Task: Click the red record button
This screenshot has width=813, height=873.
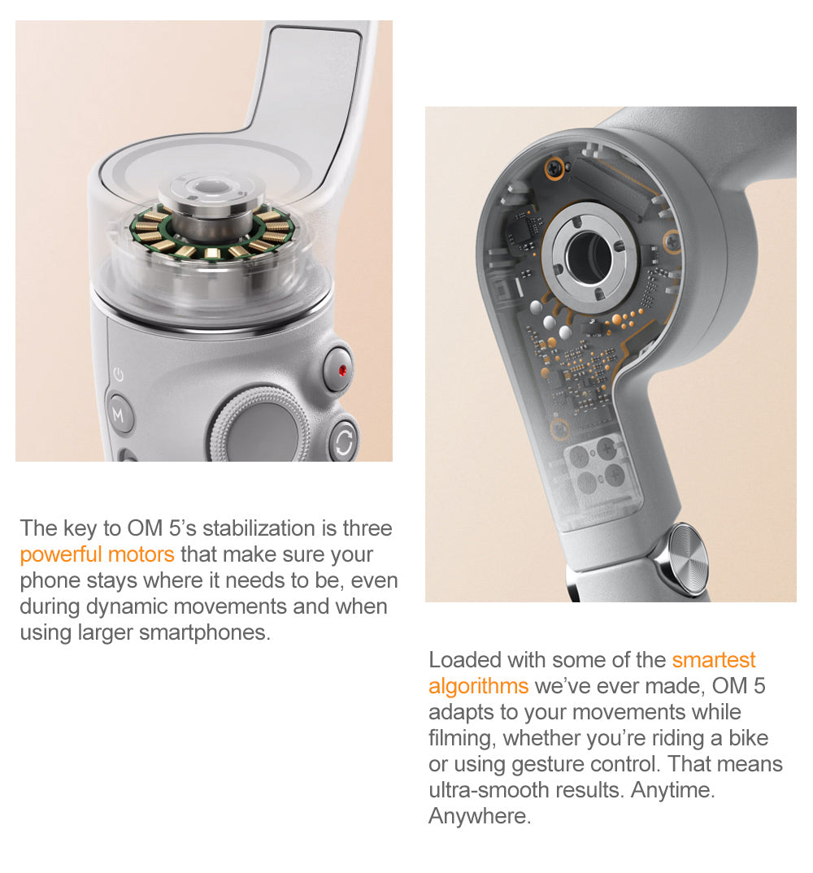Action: pyautogui.click(x=341, y=371)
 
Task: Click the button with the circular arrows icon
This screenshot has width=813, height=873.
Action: pyautogui.click(x=342, y=441)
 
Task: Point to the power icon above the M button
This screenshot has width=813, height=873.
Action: pyautogui.click(x=119, y=375)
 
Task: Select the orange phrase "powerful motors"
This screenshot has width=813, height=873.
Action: pyautogui.click(x=97, y=555)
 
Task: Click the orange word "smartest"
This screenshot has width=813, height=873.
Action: pyautogui.click(x=714, y=660)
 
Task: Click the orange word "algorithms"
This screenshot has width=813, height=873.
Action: pyautogui.click(x=478, y=686)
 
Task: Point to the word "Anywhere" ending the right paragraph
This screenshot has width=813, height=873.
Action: pyautogui.click(x=479, y=816)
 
